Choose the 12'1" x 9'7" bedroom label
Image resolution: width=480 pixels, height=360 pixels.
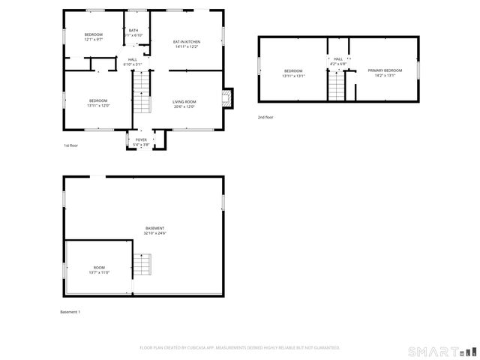pyautogui.click(x=93, y=35)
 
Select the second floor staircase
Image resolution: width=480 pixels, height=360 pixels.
pyautogui.click(x=337, y=89)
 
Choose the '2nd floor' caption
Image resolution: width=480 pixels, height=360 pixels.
pyautogui.click(x=265, y=117)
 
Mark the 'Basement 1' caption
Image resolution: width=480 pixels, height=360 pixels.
pyautogui.click(x=70, y=311)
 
